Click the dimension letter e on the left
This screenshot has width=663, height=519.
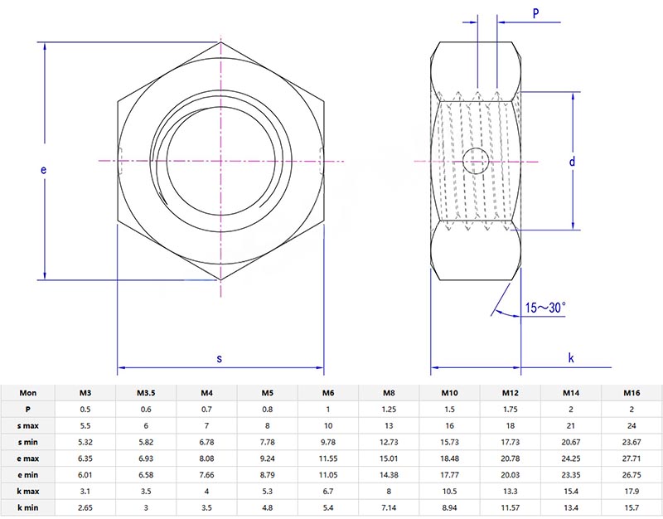pyautogui.click(x=43, y=170)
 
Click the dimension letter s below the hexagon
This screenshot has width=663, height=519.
pyautogui.click(x=220, y=358)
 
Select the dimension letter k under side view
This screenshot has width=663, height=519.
pyautogui.click(x=571, y=358)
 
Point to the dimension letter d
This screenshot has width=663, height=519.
pyautogui.click(x=572, y=162)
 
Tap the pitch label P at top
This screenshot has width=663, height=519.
pyautogui.click(x=535, y=13)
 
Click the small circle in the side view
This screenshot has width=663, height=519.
pyautogui.click(x=476, y=161)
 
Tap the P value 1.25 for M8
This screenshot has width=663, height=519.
pyautogui.click(x=389, y=408)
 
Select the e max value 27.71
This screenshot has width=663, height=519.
pyautogui.click(x=632, y=458)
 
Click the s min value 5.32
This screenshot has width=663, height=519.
pyautogui.click(x=85, y=441)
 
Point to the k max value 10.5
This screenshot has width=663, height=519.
pyautogui.click(x=449, y=490)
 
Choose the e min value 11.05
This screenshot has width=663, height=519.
pyautogui.click(x=328, y=473)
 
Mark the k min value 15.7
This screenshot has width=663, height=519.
pyautogui.click(x=632, y=506)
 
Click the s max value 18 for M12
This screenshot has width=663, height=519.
pyautogui.click(x=511, y=424)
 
